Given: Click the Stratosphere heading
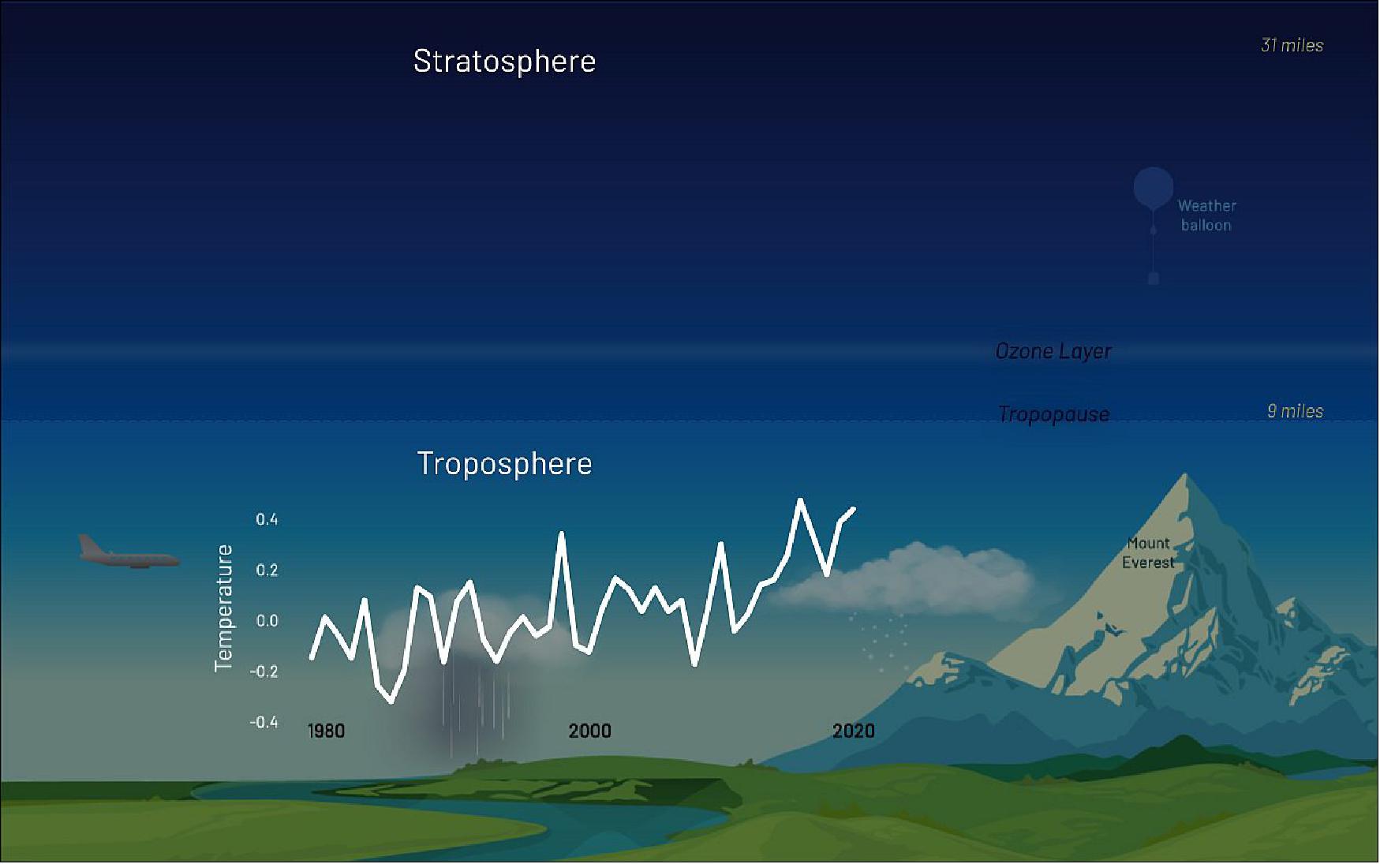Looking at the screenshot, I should click(504, 62).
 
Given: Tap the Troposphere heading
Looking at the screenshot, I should click(504, 464).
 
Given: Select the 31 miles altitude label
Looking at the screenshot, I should click(1292, 46).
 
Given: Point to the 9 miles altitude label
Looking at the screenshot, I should click(1295, 411).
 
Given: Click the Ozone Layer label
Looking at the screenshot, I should click(1053, 351).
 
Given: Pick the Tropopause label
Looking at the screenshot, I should click(1053, 414).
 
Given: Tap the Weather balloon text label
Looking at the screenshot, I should click(1206, 215).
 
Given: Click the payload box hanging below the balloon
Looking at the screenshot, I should click(1153, 279).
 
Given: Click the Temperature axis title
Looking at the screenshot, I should click(224, 608).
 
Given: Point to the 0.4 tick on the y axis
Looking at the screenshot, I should click(267, 519).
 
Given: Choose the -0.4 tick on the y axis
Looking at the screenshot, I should click(264, 722).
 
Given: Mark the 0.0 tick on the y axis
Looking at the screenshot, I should click(267, 621).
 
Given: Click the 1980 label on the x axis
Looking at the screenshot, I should click(326, 731).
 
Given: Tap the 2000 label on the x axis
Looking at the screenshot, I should click(589, 731).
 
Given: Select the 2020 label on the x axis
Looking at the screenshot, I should click(853, 731).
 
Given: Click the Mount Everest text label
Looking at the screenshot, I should click(1148, 552).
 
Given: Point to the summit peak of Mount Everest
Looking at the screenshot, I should click(1184, 476).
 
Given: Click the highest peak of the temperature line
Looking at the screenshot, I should click(800, 500).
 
